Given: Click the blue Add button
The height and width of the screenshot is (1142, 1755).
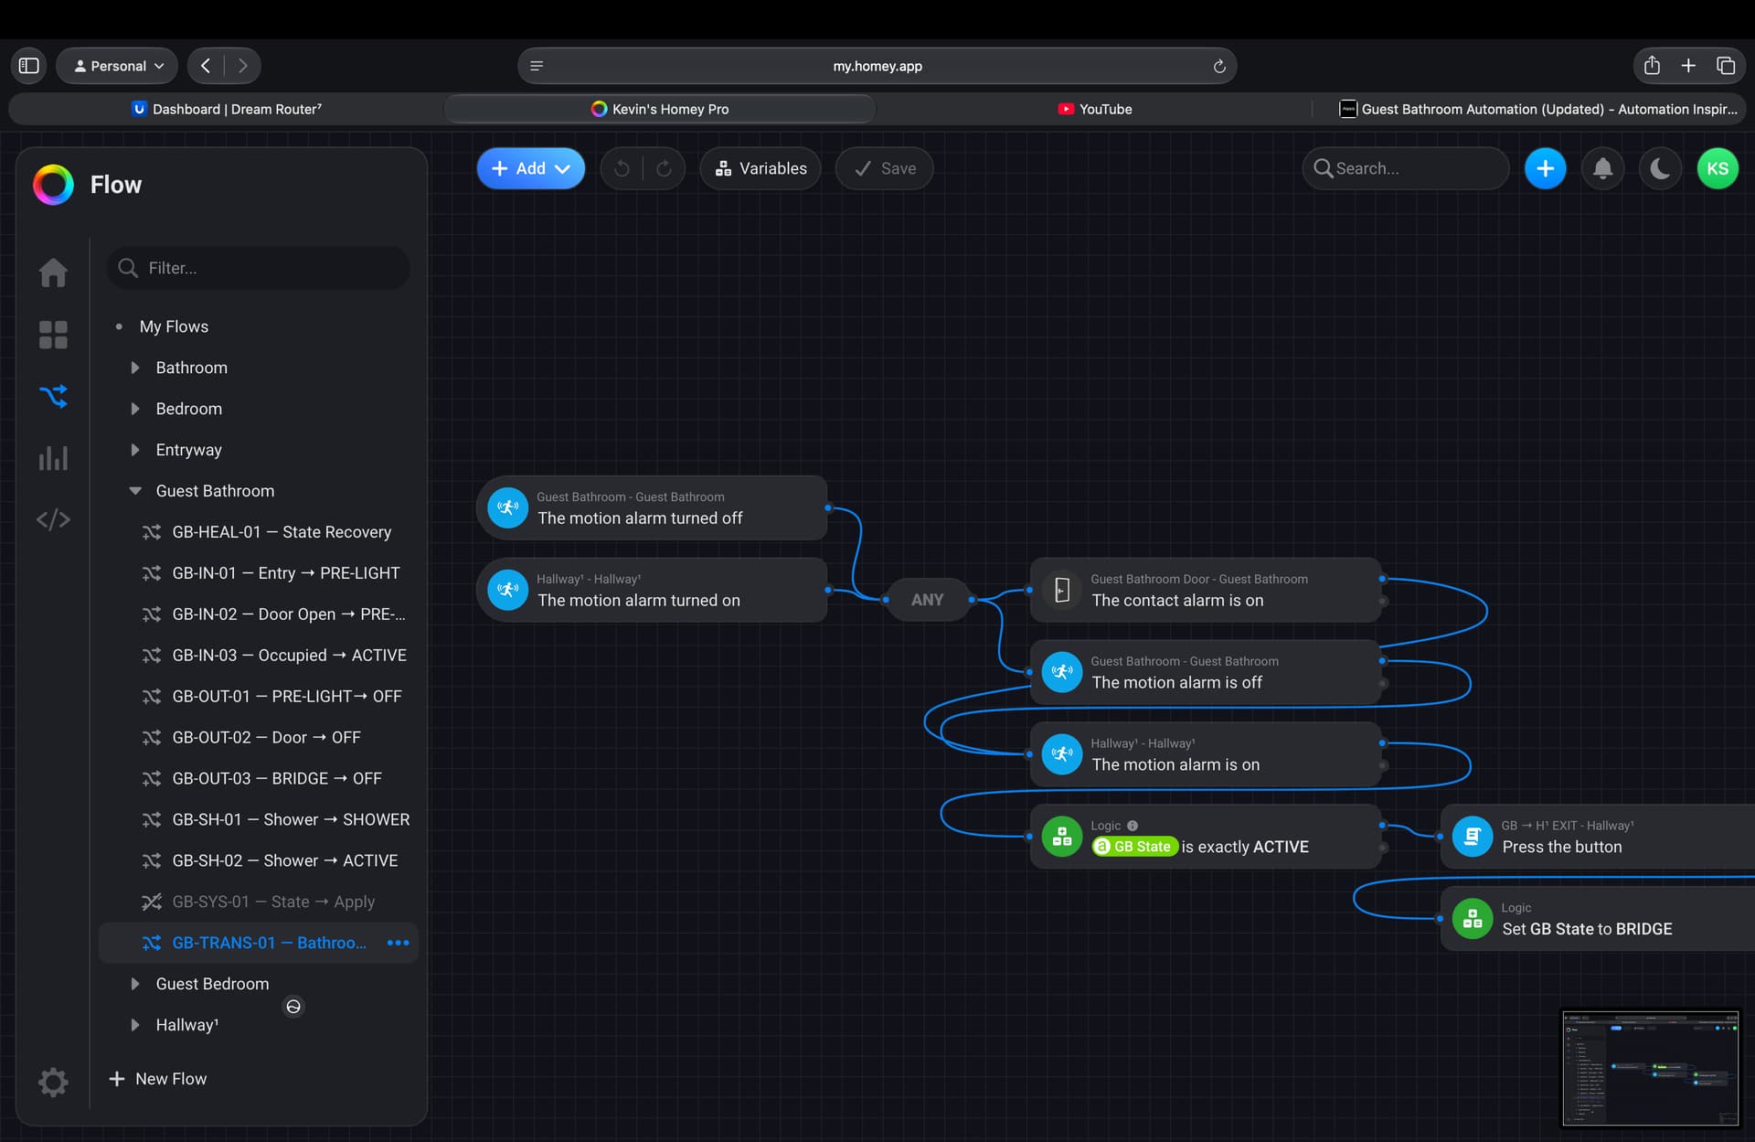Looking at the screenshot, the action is [530, 168].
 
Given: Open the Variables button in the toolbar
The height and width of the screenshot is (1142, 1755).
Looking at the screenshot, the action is [760, 168].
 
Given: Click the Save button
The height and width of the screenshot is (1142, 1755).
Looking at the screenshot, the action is [884, 168].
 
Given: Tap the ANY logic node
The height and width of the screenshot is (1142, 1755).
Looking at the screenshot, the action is [927, 600].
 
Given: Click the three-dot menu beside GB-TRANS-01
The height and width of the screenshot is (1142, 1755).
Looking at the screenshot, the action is [398, 943].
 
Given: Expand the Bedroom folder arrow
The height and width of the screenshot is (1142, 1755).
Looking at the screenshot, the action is [135, 409].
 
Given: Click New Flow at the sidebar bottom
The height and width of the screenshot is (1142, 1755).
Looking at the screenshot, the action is [158, 1079].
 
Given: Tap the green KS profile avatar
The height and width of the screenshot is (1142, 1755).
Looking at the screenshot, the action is [1717, 168].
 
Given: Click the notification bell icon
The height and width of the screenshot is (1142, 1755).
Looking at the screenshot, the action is [1602, 168].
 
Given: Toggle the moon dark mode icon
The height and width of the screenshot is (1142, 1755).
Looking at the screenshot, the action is [1660, 168].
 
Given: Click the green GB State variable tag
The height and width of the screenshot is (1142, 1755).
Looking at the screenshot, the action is [1133, 847].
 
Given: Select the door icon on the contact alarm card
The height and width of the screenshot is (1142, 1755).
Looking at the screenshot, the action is [1062, 590].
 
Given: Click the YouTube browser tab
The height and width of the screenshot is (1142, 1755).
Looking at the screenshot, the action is [1094, 109].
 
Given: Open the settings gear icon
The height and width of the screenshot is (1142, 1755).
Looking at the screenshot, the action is [53, 1082].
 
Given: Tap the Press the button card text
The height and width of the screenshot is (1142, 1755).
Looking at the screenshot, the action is [1562, 847].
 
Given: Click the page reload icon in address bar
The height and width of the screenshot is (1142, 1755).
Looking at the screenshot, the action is [1218, 66].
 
